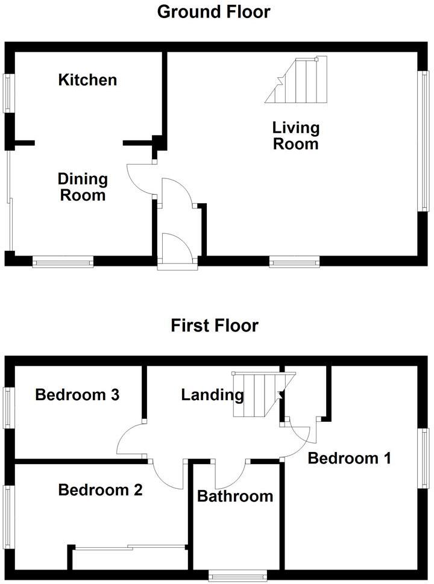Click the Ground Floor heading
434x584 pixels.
(213, 11)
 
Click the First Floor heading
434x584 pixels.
(215, 325)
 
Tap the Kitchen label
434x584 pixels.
(87, 80)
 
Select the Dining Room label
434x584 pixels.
(83, 187)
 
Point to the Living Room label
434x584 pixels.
(295, 136)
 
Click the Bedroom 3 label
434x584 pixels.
(77, 395)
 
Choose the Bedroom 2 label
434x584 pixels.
(100, 490)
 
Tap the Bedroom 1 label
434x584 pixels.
(349, 458)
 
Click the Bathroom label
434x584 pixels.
(235, 496)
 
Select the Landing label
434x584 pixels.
(212, 395)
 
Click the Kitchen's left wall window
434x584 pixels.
(8, 93)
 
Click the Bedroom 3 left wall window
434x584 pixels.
(8, 407)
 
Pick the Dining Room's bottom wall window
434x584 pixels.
(63, 262)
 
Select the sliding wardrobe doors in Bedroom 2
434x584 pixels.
(130, 547)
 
